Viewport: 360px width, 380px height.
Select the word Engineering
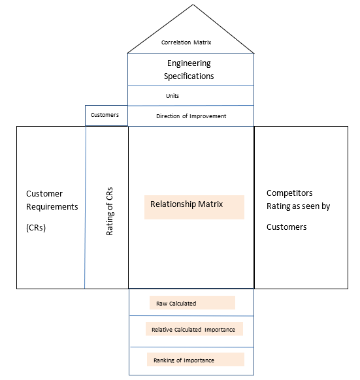(190, 63)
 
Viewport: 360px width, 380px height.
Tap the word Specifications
(190, 76)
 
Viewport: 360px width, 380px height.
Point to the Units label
(172, 96)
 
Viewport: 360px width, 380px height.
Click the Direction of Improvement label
(191, 116)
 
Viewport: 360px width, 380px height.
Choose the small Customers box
(105, 115)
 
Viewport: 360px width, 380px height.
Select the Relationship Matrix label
(186, 204)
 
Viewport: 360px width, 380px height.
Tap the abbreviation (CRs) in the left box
(38, 228)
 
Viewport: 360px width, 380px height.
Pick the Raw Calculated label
(176, 303)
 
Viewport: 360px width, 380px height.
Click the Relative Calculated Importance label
(193, 330)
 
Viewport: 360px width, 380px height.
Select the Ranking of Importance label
(184, 360)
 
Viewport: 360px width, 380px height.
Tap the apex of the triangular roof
(190, 5)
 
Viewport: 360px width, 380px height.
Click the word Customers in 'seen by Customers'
(287, 227)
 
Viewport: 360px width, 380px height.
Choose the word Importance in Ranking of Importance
(199, 360)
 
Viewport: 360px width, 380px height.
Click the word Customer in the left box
(44, 194)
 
